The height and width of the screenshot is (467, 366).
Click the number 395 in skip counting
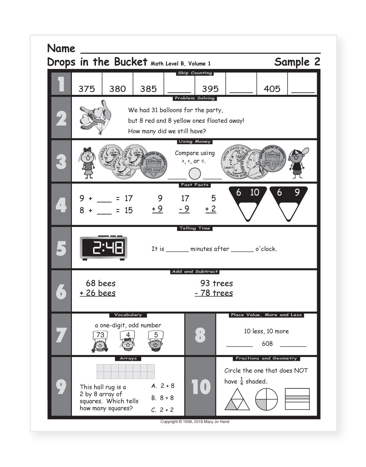(210, 89)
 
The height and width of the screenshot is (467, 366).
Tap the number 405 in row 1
(272, 89)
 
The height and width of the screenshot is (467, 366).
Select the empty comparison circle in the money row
(195, 173)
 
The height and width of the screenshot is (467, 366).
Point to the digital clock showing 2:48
(104, 248)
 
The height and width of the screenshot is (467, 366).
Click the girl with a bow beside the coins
(87, 162)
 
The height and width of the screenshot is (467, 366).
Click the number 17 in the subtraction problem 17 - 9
(185, 198)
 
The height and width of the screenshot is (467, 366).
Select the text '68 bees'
(100, 283)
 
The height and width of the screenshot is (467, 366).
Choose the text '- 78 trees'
(214, 293)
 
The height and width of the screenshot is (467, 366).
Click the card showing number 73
(100, 335)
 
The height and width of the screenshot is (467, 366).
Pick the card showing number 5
(156, 335)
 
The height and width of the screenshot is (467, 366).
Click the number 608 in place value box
(267, 343)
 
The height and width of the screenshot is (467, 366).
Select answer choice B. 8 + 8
(163, 398)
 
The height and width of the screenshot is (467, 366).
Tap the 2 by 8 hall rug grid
(126, 371)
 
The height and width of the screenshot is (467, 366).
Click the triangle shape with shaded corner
(236, 399)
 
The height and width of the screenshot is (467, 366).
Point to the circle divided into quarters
(266, 399)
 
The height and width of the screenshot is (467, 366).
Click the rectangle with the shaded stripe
(297, 399)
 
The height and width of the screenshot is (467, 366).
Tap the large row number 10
(201, 387)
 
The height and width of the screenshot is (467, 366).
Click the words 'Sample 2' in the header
(297, 62)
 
